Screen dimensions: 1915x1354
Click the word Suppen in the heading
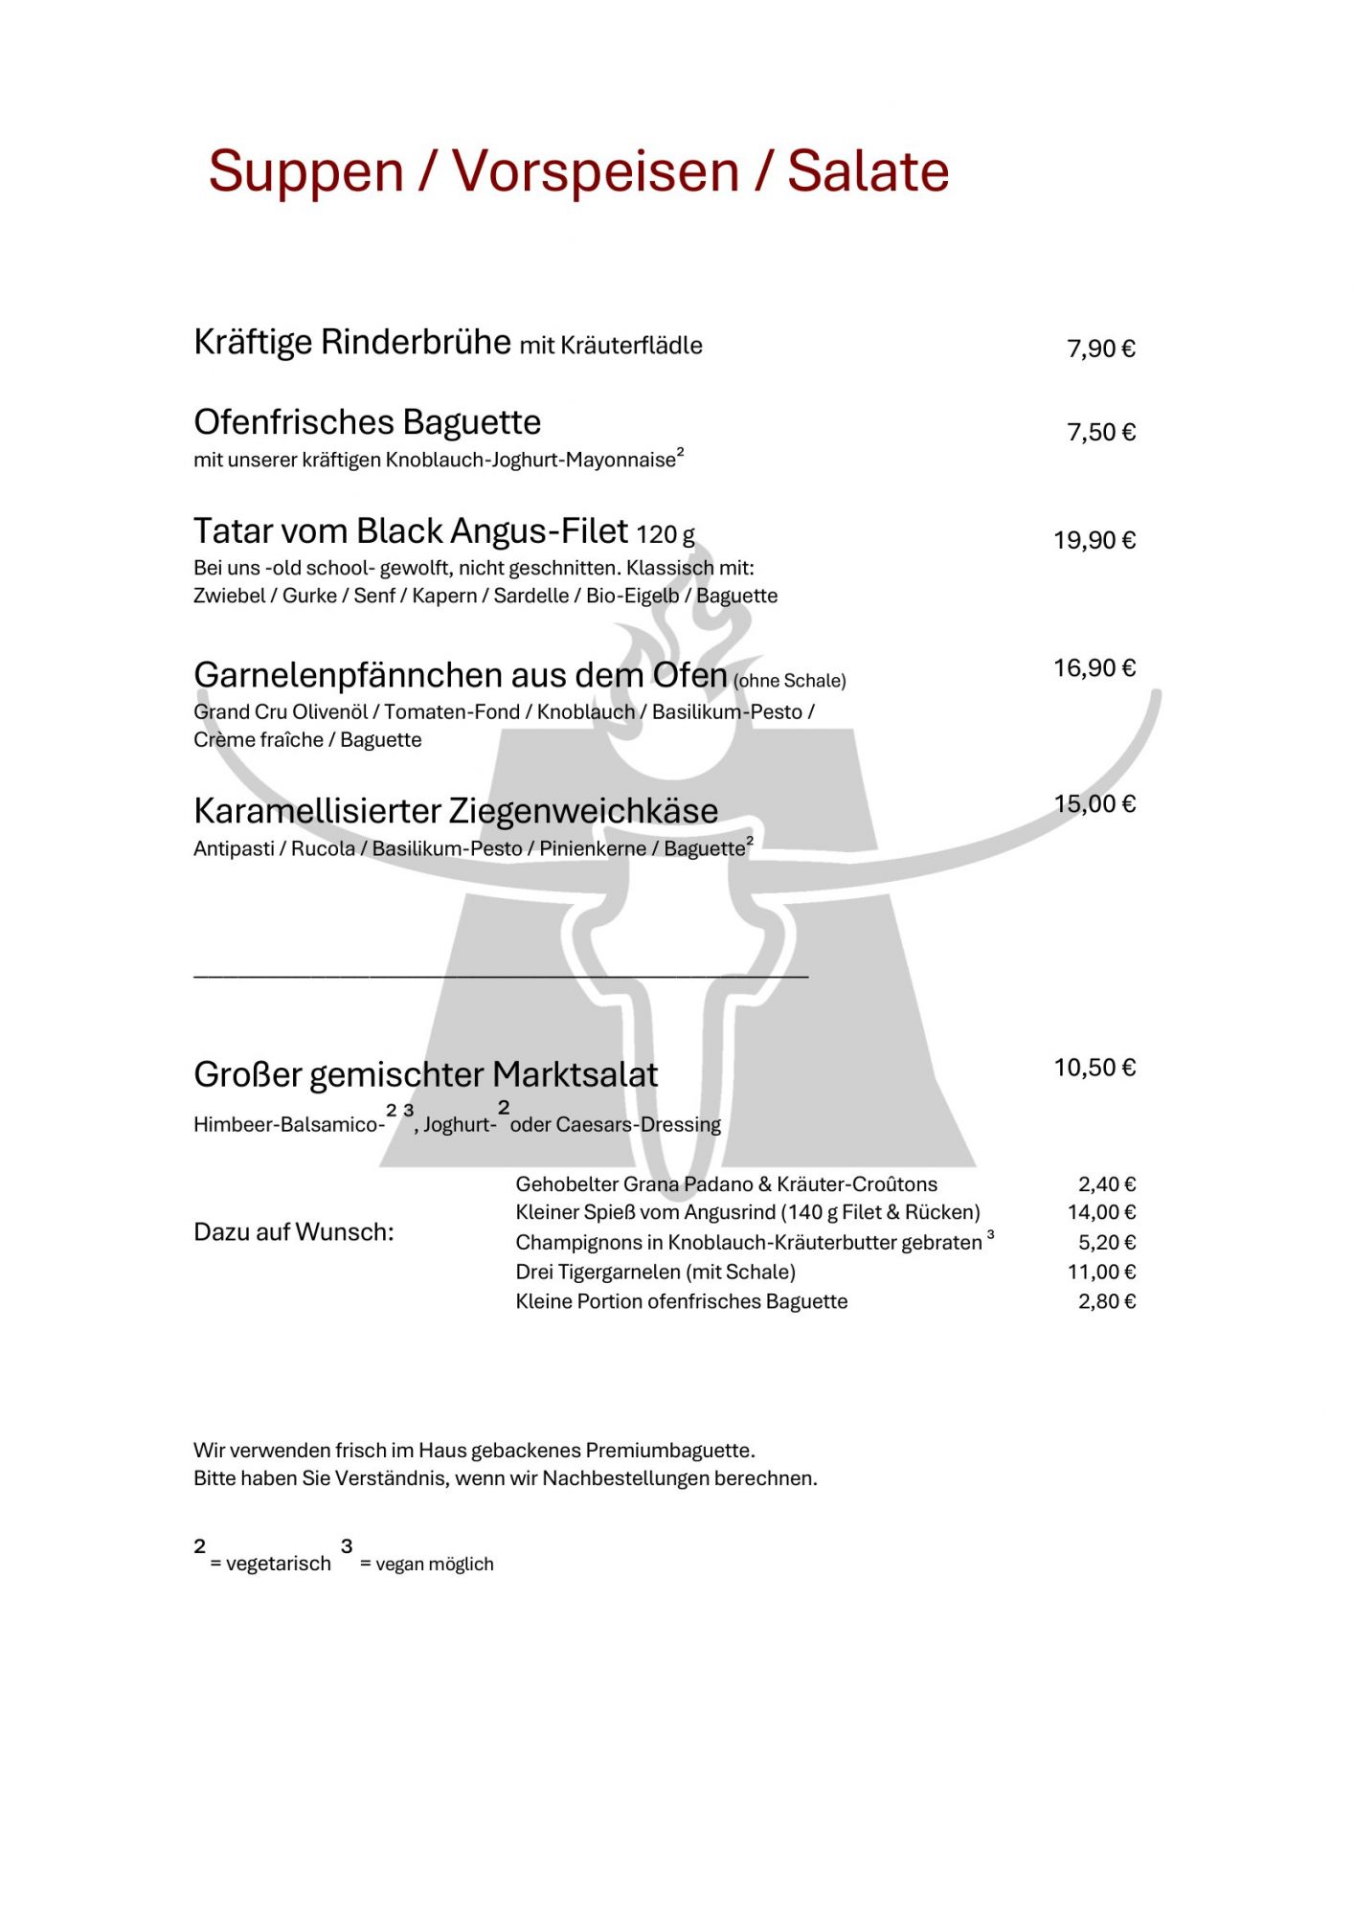point(305,172)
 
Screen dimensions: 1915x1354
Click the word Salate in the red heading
point(868,172)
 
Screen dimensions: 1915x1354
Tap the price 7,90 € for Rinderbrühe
point(1100,349)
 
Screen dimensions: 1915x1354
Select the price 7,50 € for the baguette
point(1100,433)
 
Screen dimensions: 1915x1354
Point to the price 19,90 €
point(1094,541)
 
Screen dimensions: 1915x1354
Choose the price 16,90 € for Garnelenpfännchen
point(1094,668)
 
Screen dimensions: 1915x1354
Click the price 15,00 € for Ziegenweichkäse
point(1094,804)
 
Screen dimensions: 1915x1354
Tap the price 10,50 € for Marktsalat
point(1094,1068)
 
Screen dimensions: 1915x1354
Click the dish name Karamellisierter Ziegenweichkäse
point(455,811)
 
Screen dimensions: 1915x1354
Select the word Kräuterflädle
point(631,346)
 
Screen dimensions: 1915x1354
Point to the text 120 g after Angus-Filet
point(666,534)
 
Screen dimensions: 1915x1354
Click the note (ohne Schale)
point(790,681)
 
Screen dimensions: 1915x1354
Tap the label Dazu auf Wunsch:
point(293,1232)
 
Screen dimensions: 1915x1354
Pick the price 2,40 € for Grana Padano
point(1106,1184)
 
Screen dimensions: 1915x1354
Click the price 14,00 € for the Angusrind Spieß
point(1101,1212)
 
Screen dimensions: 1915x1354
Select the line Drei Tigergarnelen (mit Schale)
point(655,1272)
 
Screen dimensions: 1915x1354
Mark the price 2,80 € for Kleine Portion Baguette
point(1106,1301)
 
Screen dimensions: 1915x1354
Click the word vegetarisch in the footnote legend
point(278,1564)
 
